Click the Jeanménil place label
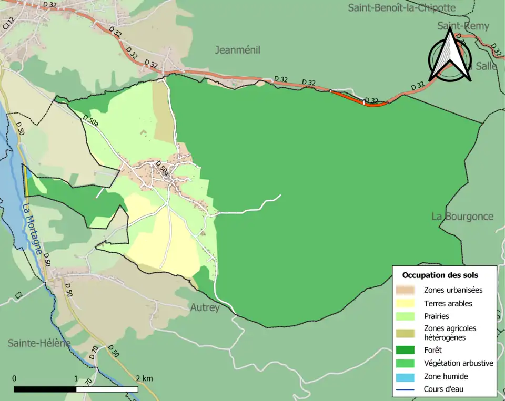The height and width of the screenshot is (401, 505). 238,50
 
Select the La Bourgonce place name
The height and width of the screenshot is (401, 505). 462,216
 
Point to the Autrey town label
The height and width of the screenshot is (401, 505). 205,307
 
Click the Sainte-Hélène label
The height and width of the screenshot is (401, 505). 39,343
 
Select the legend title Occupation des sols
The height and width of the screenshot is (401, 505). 440,275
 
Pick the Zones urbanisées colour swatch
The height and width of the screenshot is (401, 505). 406,290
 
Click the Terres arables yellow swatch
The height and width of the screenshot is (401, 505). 406,303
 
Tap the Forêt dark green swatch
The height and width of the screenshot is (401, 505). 406,349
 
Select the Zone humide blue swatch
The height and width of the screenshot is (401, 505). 406,376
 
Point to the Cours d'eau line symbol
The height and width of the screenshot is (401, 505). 406,389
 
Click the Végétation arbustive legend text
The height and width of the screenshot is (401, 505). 458,363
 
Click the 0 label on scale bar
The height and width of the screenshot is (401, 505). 14,378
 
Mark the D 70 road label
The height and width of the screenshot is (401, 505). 94,353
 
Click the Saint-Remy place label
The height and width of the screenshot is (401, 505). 463,26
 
